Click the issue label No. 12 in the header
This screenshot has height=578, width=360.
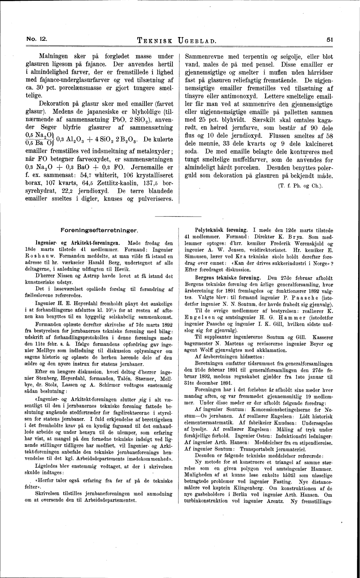click(x=36, y=39)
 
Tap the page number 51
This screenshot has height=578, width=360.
click(x=330, y=39)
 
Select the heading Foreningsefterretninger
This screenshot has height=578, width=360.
click(x=99, y=230)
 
